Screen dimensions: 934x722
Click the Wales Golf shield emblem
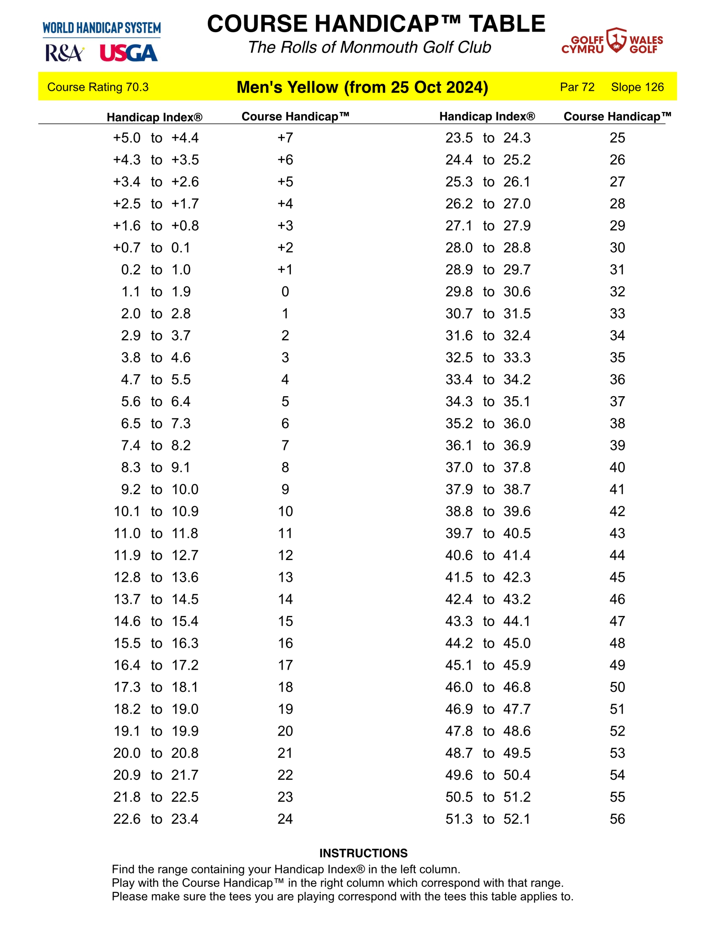pyautogui.click(x=616, y=40)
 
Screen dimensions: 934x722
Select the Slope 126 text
pyautogui.click(x=637, y=87)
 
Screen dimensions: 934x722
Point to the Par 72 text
pyautogui.click(x=577, y=87)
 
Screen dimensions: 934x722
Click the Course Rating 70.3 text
pyautogui.click(x=97, y=87)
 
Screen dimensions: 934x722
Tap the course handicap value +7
pyautogui.click(x=285, y=138)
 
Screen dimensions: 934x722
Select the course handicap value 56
pyautogui.click(x=617, y=819)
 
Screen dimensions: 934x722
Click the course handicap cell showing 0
pyautogui.click(x=285, y=292)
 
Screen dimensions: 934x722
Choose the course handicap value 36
pyautogui.click(x=617, y=379)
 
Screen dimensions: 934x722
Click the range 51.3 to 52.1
pyautogui.click(x=488, y=819)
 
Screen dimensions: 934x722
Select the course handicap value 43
pyautogui.click(x=617, y=533)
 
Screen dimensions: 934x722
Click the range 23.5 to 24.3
pyautogui.click(x=488, y=138)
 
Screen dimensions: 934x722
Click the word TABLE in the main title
pyautogui.click(x=507, y=24)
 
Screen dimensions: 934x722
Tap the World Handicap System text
pyautogui.click(x=101, y=28)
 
